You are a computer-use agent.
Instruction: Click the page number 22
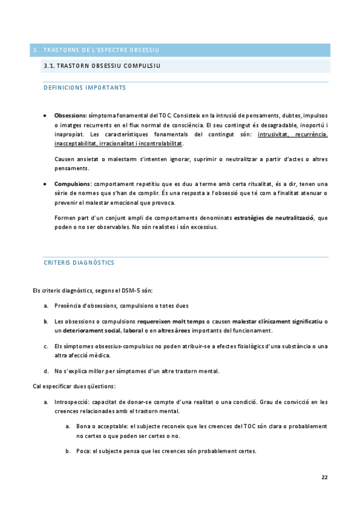pos(324,477)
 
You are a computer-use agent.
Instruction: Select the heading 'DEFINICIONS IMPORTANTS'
pos(85,88)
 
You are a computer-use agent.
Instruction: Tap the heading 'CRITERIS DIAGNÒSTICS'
pos(79,263)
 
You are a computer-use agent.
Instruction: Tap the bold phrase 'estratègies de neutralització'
pos(274,217)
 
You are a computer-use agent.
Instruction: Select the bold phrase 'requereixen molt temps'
pos(171,322)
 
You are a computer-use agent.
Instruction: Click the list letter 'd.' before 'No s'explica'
pos(46,370)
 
